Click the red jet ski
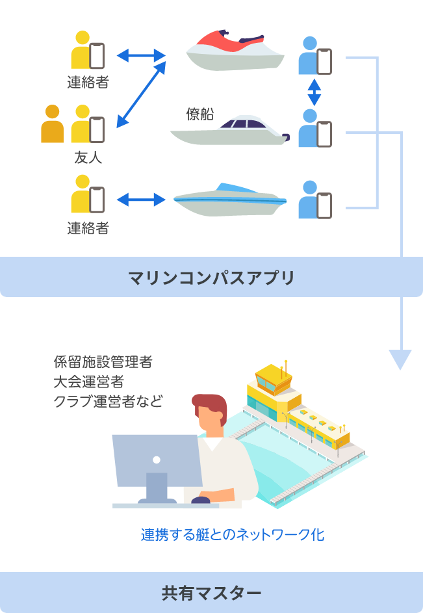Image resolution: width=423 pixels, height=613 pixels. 235,51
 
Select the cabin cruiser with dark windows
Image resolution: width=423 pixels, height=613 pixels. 231,131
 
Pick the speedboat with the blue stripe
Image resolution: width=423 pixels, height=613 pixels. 229,200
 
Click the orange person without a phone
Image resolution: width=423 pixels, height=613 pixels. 53,124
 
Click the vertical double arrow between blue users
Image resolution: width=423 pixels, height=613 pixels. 314,92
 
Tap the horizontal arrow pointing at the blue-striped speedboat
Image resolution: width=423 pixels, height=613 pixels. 140,199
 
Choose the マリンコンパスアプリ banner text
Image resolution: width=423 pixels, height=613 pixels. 211,278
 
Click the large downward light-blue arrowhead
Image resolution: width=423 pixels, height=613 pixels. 400,359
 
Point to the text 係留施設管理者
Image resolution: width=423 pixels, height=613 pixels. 103,362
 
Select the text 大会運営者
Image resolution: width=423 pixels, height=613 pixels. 89,382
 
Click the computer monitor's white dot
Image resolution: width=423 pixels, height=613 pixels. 156,460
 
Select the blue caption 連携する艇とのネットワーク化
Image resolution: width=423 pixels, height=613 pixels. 233,535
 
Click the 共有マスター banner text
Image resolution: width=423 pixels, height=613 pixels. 211,593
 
